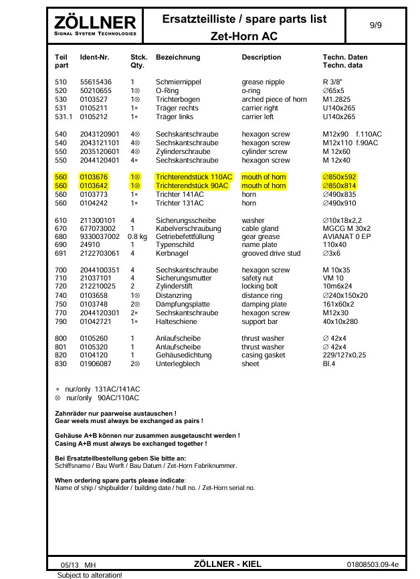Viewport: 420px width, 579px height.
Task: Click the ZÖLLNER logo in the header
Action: (x=95, y=26)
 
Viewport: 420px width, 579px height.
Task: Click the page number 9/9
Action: (x=376, y=24)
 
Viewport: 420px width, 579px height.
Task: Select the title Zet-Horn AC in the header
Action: (x=244, y=35)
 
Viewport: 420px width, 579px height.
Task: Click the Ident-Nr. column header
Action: (x=94, y=58)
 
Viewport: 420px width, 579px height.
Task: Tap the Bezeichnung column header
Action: (x=178, y=58)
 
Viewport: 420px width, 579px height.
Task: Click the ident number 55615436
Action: (x=96, y=82)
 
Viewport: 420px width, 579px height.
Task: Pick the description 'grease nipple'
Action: (x=263, y=82)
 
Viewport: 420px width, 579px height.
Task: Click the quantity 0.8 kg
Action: (x=137, y=237)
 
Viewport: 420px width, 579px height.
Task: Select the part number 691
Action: (x=61, y=254)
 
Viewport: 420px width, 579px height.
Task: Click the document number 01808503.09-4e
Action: (x=373, y=564)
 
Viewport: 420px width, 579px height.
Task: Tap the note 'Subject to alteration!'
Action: (x=90, y=574)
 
